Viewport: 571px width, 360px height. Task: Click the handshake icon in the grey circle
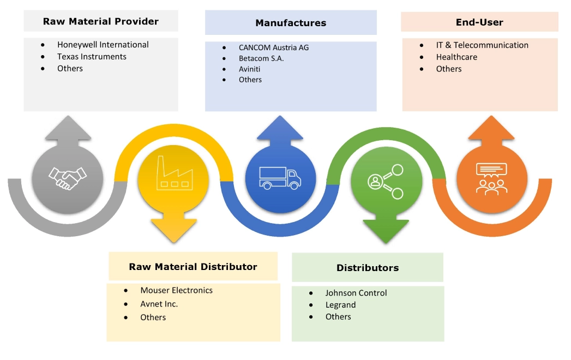67,178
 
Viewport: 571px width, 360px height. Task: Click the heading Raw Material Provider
101,22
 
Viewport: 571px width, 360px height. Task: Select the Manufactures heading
291,23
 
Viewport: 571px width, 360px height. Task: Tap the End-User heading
479,22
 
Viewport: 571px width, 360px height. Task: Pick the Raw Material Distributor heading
193,267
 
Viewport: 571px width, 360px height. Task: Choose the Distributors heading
368,268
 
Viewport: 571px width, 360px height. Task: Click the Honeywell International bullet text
103,45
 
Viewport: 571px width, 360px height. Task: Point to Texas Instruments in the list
92,57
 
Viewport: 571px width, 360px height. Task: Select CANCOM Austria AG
274,47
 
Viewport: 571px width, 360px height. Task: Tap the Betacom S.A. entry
261,58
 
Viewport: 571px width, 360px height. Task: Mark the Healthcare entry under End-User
456,57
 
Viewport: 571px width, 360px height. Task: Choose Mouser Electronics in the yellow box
176,290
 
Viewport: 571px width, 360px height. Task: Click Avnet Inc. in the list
159,304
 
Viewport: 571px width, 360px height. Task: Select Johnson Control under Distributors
356,293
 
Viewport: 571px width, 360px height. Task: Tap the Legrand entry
340,305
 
